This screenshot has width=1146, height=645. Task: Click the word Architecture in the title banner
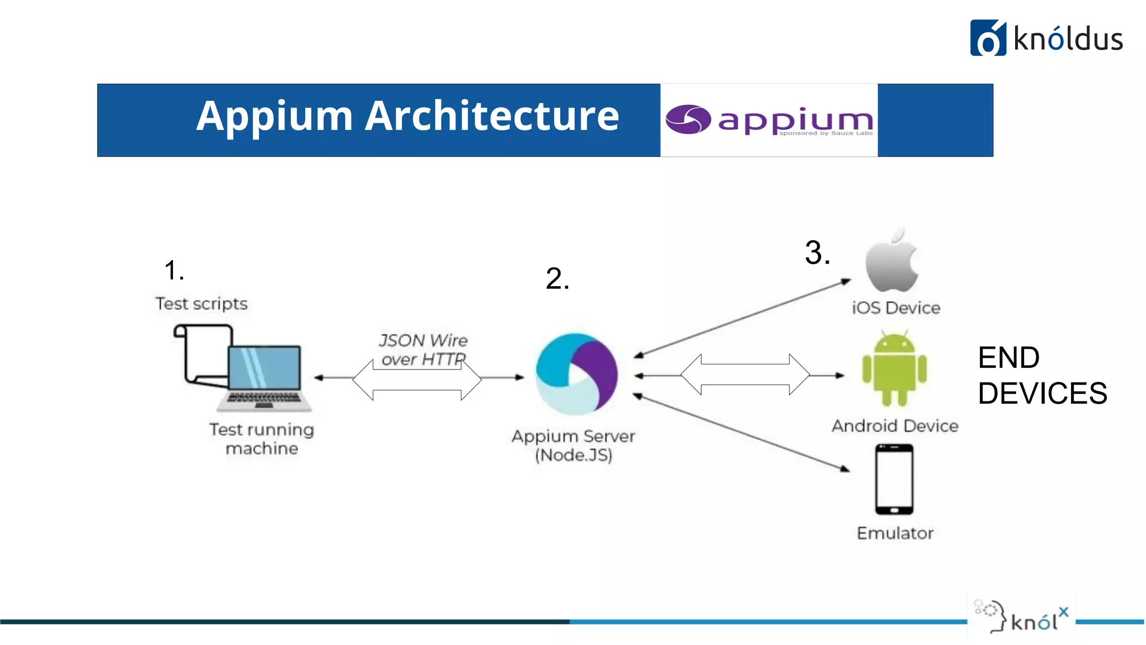pos(492,116)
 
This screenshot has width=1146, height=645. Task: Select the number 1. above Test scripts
pos(174,270)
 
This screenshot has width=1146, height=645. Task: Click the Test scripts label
pos(201,303)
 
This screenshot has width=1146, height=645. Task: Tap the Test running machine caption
pos(262,439)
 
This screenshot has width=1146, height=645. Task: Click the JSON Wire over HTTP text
pos(423,349)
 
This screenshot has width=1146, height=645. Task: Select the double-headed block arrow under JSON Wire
pos(417,380)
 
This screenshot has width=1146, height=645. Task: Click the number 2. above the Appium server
pos(557,278)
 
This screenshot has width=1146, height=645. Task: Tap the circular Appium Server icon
pos(576,374)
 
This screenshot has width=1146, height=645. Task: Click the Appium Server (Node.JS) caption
pos(574,445)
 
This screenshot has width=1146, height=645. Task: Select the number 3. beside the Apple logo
pos(817,253)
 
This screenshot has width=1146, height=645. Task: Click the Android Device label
pos(895,426)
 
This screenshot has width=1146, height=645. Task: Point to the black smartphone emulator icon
pos(894,479)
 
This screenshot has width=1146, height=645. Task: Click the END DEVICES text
pos(1042,375)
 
